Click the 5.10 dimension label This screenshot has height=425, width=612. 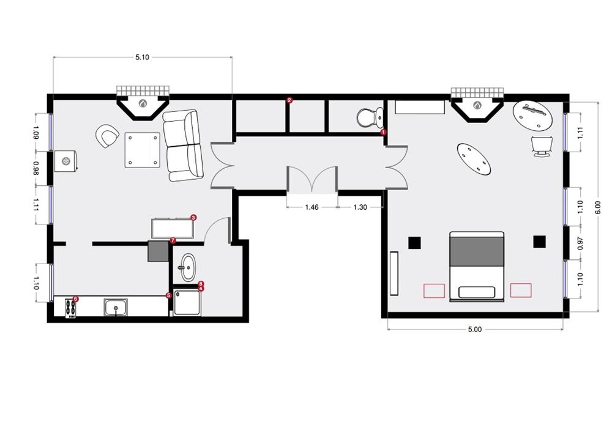[142, 57]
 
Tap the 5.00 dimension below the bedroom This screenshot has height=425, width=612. [475, 330]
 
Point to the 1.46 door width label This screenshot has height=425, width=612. [312, 207]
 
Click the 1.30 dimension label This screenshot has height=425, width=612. [360, 207]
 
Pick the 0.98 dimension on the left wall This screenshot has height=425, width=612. [36, 168]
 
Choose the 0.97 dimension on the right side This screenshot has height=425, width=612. [580, 243]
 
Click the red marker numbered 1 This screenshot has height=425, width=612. [383, 132]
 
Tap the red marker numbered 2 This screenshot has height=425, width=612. [289, 100]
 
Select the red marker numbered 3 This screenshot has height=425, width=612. [193, 217]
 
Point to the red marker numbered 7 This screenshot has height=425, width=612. [173, 240]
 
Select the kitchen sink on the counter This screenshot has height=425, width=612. [116, 307]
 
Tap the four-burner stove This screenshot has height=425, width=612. [70, 308]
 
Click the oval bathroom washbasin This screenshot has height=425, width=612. [188, 267]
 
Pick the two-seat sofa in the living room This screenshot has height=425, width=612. [183, 146]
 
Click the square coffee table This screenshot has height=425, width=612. [143, 150]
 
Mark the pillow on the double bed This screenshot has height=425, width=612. [477, 292]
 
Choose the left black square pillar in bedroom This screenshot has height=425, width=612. [414, 243]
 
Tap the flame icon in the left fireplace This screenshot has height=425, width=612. [143, 104]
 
